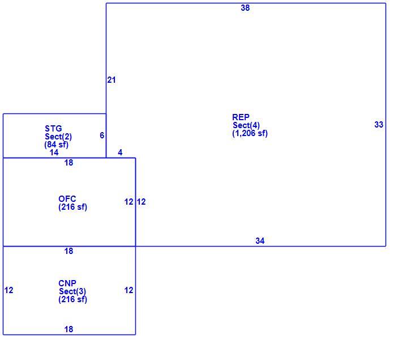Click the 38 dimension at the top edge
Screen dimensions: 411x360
pyautogui.click(x=245, y=8)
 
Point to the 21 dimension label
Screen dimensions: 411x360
pyautogui.click(x=112, y=80)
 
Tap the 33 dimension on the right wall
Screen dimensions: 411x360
pyautogui.click(x=379, y=125)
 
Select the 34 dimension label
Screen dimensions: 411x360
pyautogui.click(x=260, y=241)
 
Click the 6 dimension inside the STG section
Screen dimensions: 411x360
pyautogui.click(x=102, y=135)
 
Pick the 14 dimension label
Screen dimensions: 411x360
pyautogui.click(x=54, y=153)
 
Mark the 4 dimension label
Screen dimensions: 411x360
pyautogui.click(x=120, y=153)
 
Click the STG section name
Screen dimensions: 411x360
pyautogui.click(x=53, y=129)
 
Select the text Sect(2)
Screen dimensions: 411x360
pyautogui.click(x=58, y=137)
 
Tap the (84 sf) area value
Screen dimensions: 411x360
pyautogui.click(x=57, y=145)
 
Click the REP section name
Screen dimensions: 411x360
pyautogui.click(x=241, y=117)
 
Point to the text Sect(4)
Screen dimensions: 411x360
pyautogui.click(x=246, y=125)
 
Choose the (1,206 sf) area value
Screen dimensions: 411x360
pyautogui.click(x=250, y=133)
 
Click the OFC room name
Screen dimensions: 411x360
pyautogui.click(x=67, y=199)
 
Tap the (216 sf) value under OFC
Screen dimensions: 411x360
pyautogui.click(x=72, y=207)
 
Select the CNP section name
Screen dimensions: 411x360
pyautogui.click(x=67, y=283)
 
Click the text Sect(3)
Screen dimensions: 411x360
pyautogui.click(x=72, y=291)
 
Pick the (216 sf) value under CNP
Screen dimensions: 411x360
pyautogui.click(x=72, y=299)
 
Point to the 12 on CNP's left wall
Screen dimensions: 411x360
pyautogui.click(x=8, y=290)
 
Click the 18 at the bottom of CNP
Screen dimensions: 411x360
pyautogui.click(x=68, y=329)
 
